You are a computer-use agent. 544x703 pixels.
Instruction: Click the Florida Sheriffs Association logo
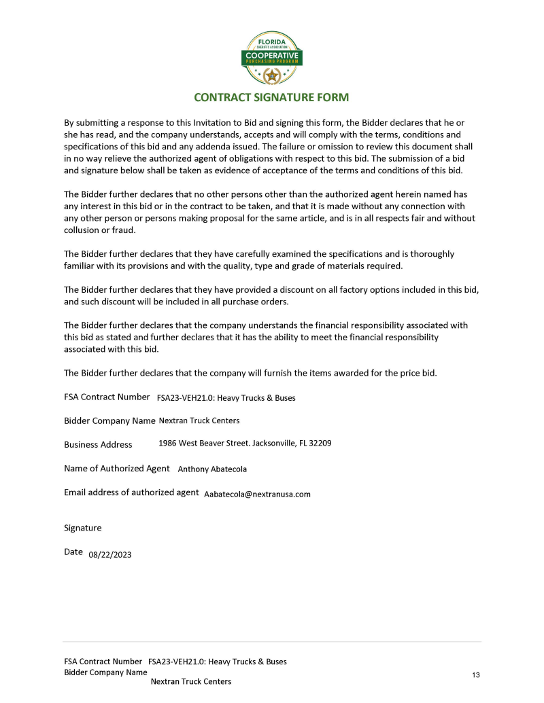(272, 57)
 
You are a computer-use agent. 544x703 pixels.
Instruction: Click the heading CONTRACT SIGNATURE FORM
(271, 97)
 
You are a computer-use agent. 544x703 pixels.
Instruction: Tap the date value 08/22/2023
(110, 554)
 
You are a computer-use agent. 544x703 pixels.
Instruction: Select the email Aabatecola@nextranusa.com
(257, 494)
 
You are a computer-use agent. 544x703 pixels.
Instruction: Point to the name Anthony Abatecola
(212, 469)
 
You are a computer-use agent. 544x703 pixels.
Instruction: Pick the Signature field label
(82, 528)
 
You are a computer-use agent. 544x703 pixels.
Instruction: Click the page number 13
(475, 674)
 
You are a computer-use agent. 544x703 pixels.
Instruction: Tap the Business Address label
(98, 444)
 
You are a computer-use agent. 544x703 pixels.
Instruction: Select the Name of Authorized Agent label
(116, 468)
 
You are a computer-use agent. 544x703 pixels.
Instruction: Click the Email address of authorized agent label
(131, 492)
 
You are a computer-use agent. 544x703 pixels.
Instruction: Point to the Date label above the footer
(73, 552)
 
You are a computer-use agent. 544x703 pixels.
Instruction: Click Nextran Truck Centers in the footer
(190, 681)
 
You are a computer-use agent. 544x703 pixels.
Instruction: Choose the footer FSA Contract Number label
(103, 661)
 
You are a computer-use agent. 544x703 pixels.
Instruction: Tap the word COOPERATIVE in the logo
(272, 54)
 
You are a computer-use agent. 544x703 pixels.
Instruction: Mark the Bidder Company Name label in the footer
(105, 672)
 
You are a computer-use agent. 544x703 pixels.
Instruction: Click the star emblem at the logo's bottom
(272, 75)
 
